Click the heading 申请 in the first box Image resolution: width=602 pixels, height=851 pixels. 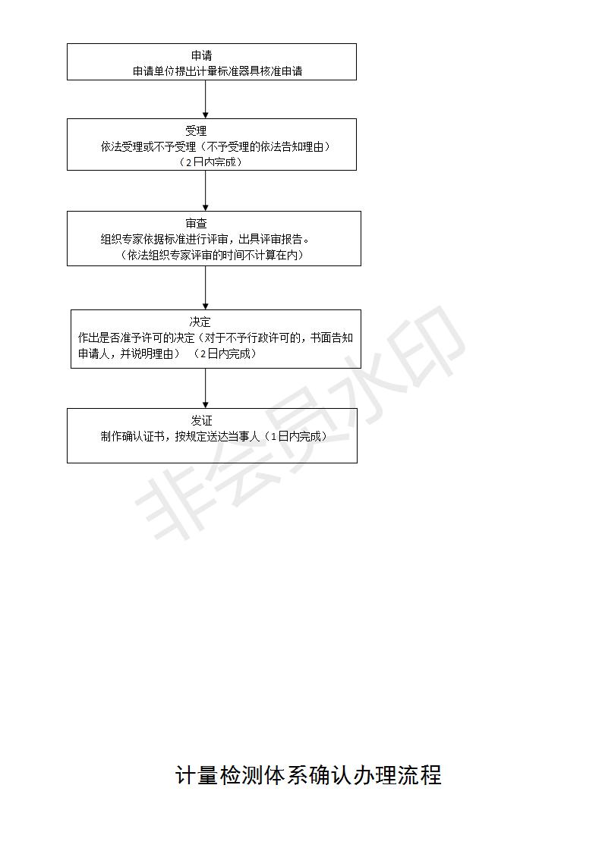202,55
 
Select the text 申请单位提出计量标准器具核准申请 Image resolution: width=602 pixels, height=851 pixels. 217,71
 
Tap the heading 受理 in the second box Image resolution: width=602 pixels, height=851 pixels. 196,130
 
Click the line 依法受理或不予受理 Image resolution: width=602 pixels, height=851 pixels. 215,146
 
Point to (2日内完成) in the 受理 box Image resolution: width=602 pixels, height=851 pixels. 210,162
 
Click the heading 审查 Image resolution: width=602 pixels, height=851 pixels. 196,224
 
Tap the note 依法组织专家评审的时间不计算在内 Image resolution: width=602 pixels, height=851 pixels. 212,255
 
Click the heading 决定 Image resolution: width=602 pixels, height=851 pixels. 200,322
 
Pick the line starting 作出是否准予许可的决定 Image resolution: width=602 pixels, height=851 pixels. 216,338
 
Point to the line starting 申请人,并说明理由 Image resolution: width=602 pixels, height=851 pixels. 167,354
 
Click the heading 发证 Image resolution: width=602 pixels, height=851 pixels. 202,421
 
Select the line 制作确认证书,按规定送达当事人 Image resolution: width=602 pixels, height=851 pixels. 214,436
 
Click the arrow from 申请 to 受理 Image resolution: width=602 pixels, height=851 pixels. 206,99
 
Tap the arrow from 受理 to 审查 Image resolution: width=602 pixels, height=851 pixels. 206,190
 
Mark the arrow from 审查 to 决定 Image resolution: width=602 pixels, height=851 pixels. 206,287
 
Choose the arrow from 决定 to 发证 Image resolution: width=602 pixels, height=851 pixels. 206,388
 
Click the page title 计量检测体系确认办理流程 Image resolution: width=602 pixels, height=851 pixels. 309,775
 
